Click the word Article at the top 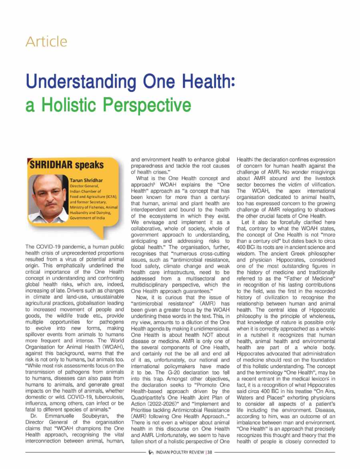pos(46,41)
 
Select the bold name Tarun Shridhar pos(85,181)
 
